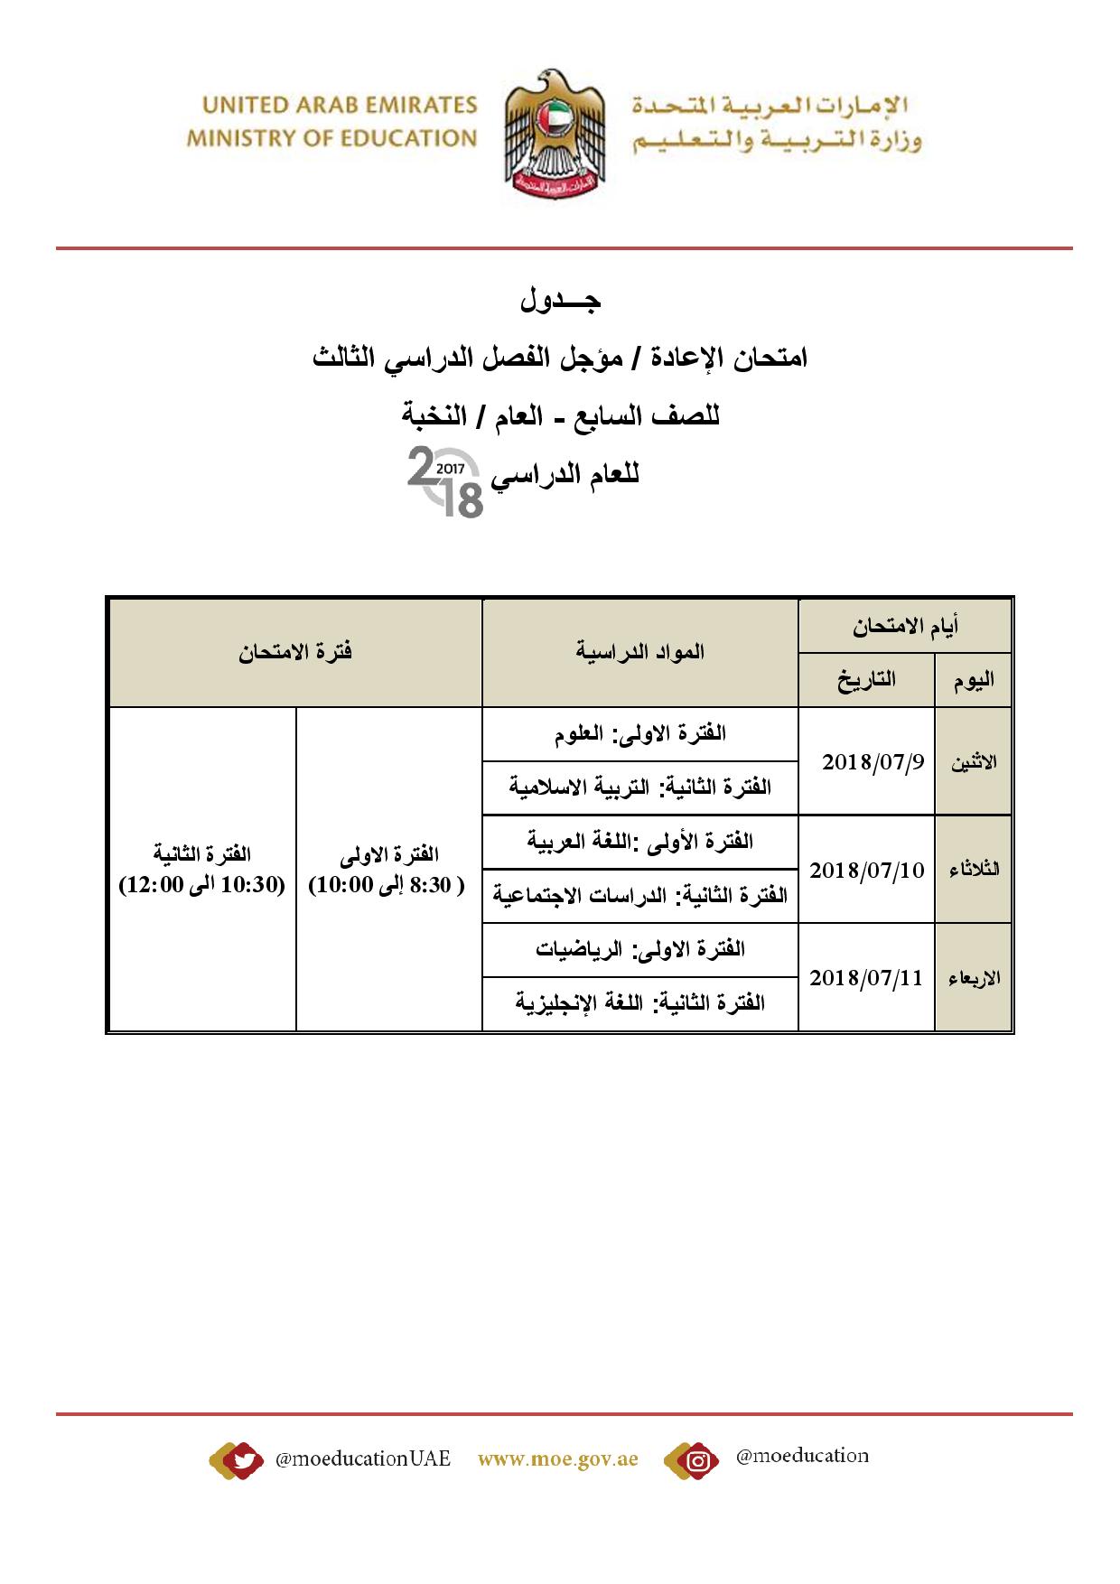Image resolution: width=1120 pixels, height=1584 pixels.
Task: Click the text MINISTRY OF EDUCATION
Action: (331, 138)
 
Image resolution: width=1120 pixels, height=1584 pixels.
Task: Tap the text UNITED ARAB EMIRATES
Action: (340, 106)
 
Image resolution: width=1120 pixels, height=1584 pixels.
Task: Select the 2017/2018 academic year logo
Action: (445, 483)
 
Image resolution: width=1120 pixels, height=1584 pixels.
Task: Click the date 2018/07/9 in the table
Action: (873, 761)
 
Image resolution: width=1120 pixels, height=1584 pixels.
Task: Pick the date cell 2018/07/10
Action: (866, 870)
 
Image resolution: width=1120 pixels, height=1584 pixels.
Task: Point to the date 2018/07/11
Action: (866, 977)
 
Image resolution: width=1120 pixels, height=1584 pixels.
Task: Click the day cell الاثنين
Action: (974, 762)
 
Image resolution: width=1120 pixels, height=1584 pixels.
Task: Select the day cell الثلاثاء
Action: (974, 870)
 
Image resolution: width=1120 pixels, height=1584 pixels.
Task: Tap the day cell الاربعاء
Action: (974, 978)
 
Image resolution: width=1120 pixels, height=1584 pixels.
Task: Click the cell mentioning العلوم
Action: (640, 733)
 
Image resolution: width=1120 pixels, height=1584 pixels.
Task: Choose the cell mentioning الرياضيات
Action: (640, 949)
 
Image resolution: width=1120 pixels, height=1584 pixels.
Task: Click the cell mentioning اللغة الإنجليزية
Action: (640, 1002)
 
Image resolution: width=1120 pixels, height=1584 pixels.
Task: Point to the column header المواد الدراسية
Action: (640, 652)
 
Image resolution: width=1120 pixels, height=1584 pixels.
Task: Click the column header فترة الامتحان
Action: (295, 652)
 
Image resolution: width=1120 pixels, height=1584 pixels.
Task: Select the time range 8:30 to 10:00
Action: (388, 884)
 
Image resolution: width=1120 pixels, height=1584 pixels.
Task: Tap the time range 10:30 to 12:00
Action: (202, 884)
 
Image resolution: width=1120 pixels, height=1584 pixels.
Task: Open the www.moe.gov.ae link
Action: (557, 1459)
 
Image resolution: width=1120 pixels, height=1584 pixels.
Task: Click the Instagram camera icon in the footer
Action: (696, 1459)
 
